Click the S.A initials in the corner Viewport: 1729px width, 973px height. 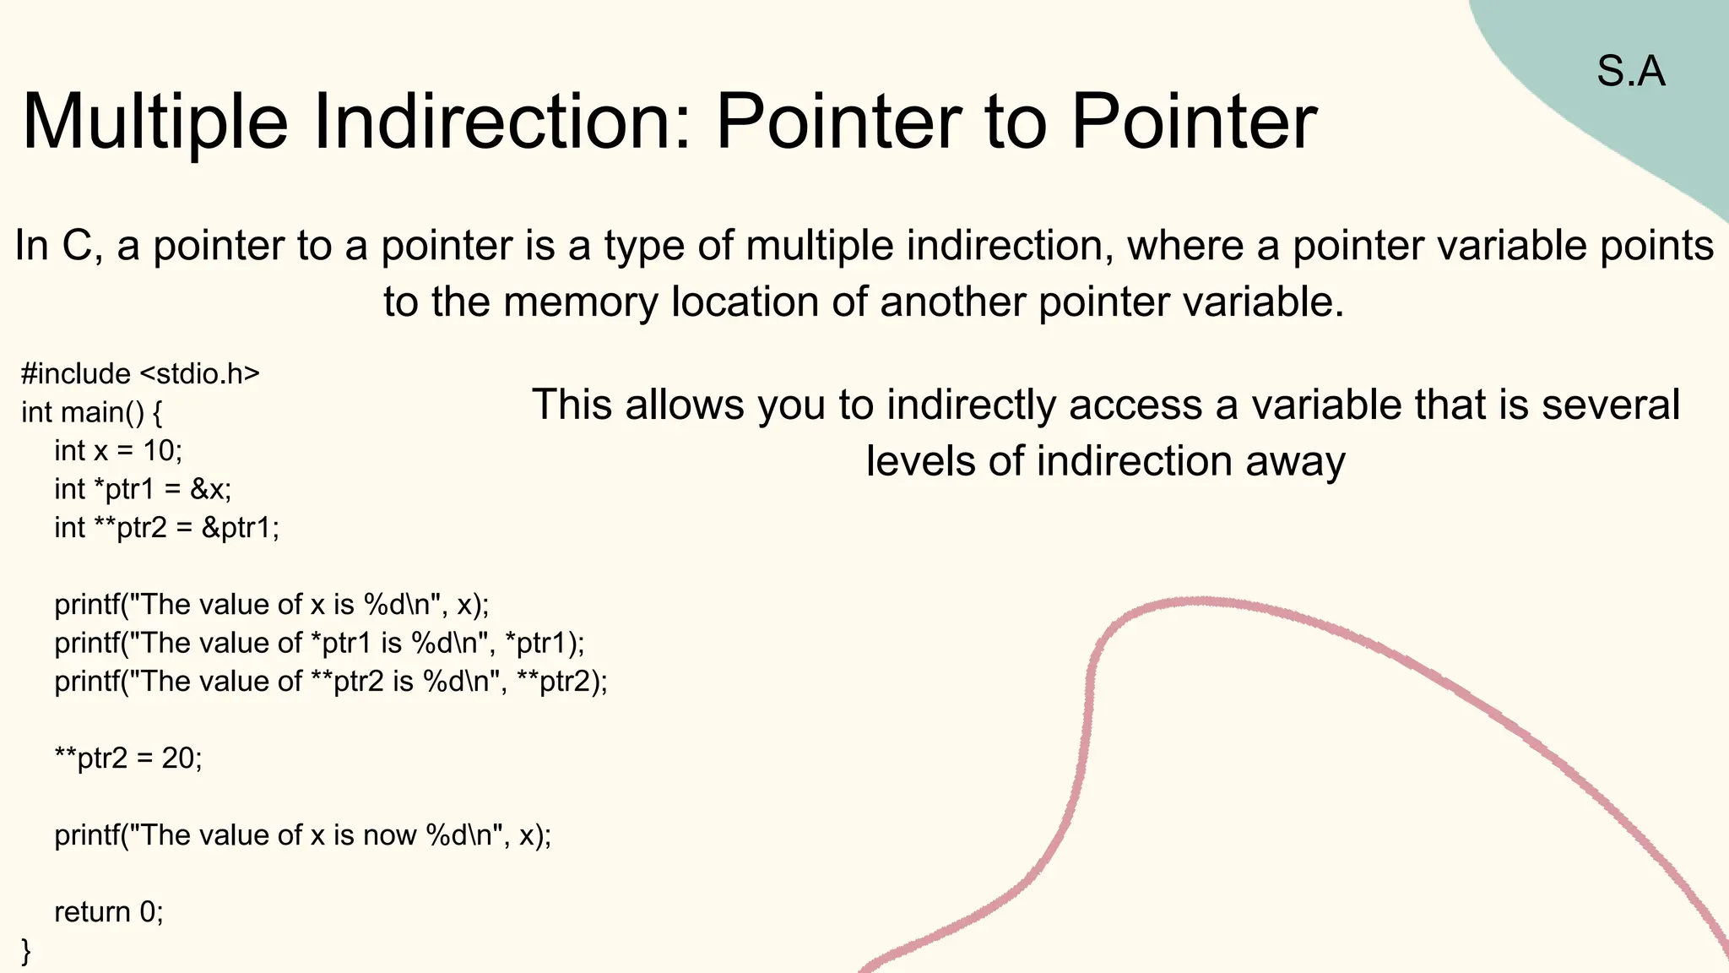coord(1630,71)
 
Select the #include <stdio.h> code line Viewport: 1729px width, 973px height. coord(140,373)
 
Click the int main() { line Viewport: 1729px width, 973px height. coord(91,412)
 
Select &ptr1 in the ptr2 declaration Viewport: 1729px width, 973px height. coord(239,528)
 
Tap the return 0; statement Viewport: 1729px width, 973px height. coord(109,912)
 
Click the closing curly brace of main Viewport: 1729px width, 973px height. coord(26,951)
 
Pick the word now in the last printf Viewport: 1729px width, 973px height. coord(390,835)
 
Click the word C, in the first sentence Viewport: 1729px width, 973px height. coord(82,247)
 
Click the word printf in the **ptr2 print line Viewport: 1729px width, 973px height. coord(87,682)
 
